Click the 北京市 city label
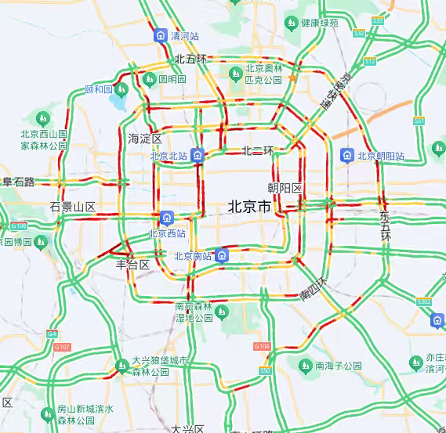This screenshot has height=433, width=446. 249,207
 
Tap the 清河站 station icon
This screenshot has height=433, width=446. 161,35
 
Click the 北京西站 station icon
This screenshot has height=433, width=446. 166,217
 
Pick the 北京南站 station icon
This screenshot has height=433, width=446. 223,255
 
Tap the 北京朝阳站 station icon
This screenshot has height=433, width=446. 346,155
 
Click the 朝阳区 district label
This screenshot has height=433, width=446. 284,188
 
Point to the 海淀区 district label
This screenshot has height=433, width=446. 144,139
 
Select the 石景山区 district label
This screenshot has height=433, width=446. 72,207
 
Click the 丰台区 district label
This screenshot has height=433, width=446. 132,265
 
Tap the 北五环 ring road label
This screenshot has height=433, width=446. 190,59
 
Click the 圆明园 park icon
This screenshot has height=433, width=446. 147,79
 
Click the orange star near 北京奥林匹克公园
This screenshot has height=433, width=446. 292,78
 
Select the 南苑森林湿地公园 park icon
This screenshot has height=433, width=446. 223,312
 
